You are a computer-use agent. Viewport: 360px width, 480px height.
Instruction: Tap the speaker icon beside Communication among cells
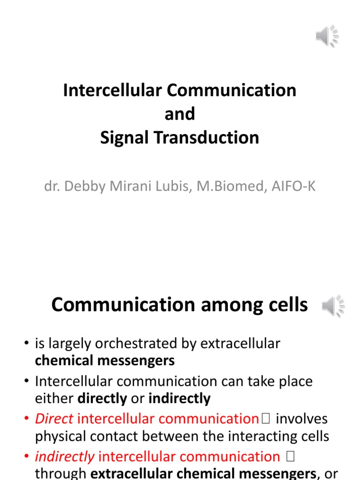click(x=333, y=307)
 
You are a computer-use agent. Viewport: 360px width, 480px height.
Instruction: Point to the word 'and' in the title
click(x=180, y=114)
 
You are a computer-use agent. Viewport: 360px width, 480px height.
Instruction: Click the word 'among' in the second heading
click(x=225, y=305)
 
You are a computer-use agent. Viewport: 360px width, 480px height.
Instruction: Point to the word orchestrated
click(x=141, y=344)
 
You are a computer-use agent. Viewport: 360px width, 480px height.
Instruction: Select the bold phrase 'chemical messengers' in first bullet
click(x=105, y=360)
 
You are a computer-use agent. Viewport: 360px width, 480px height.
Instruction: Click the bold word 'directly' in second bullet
click(x=102, y=398)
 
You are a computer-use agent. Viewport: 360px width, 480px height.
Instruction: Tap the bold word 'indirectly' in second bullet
click(x=180, y=398)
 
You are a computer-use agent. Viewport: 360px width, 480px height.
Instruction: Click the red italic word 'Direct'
click(x=54, y=418)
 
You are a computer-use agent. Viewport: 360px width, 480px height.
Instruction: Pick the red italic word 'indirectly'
click(x=65, y=456)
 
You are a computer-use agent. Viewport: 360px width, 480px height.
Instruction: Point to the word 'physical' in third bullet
click(x=63, y=436)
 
